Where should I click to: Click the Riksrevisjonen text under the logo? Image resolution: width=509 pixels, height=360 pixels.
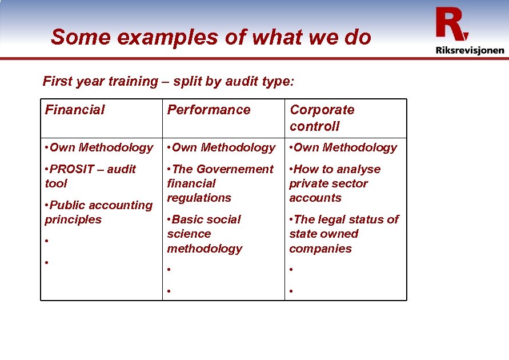[x=470, y=50]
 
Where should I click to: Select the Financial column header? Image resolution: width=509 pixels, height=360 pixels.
[x=75, y=110]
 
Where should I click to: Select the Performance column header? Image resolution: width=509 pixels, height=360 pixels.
[x=209, y=110]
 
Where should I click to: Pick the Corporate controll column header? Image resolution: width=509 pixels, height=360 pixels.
[x=322, y=118]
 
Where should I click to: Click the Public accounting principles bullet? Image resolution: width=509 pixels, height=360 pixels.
[x=98, y=212]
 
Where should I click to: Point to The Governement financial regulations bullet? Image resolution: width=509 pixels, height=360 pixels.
[x=219, y=183]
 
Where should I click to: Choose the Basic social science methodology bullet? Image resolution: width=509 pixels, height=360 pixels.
[x=205, y=234]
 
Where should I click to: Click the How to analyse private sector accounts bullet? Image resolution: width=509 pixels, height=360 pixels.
[x=334, y=183]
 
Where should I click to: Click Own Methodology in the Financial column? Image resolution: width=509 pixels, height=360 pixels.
[x=99, y=147]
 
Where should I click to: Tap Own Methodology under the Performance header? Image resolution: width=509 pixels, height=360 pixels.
[x=221, y=147]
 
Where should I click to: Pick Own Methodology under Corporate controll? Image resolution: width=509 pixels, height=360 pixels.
[x=343, y=147]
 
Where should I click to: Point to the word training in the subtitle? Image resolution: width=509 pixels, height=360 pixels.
[x=129, y=81]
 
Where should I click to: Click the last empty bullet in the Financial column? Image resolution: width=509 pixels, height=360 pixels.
[x=46, y=263]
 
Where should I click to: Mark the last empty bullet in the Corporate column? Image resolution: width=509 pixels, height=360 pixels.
[x=291, y=291]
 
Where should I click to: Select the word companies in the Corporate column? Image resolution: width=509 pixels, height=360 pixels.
[x=320, y=249]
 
